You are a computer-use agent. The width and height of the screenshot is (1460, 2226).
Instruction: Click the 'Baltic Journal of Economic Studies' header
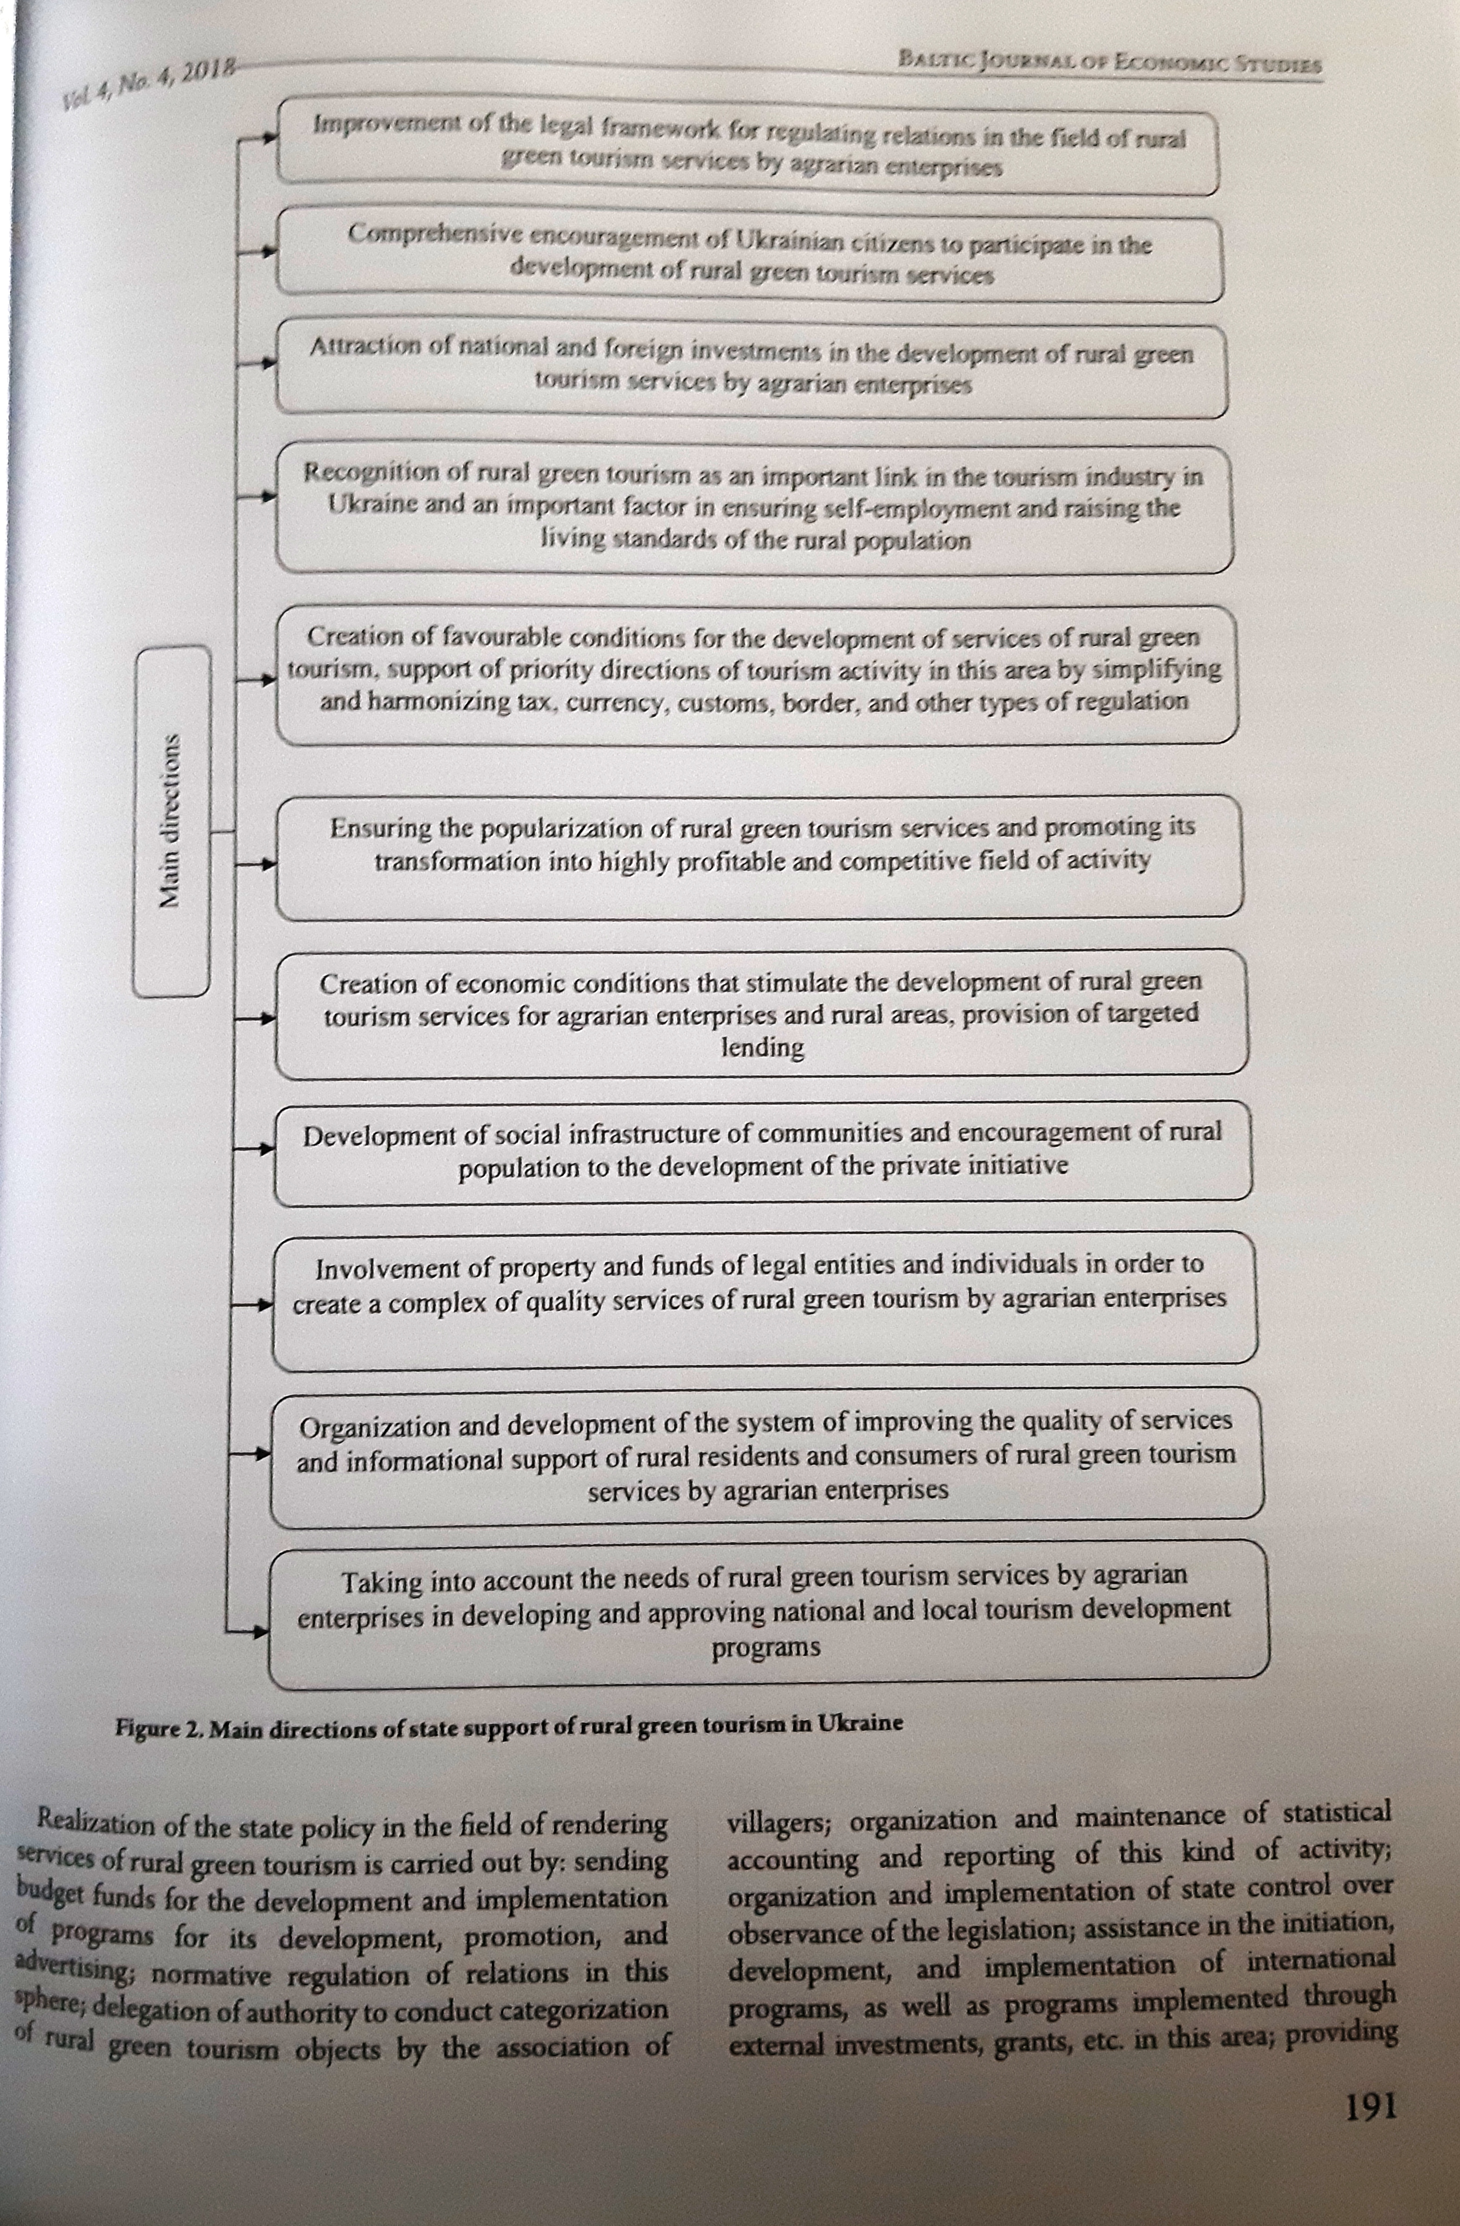(x=1108, y=63)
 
